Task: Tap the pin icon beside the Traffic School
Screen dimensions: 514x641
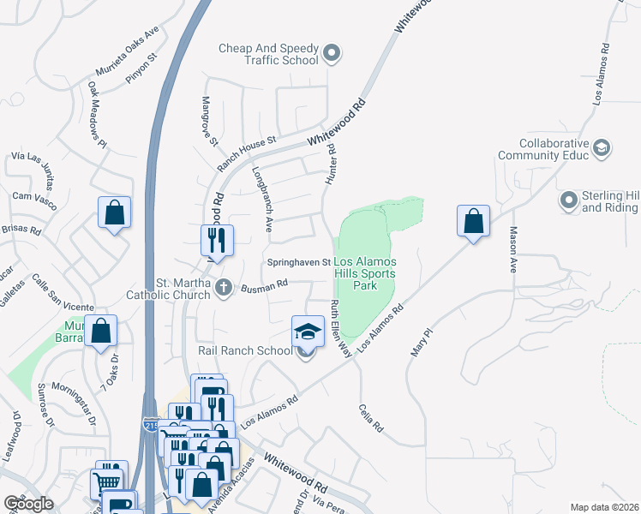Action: point(332,55)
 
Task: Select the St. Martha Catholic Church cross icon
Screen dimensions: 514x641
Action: point(224,287)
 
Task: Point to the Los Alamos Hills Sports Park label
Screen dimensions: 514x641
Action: point(367,273)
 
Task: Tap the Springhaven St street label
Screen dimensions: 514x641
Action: point(299,262)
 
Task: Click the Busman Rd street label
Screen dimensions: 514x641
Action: point(265,286)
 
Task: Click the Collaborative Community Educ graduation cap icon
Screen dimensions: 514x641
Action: point(602,149)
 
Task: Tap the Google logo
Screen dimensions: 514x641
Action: point(29,504)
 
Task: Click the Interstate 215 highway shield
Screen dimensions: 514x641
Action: point(151,424)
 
